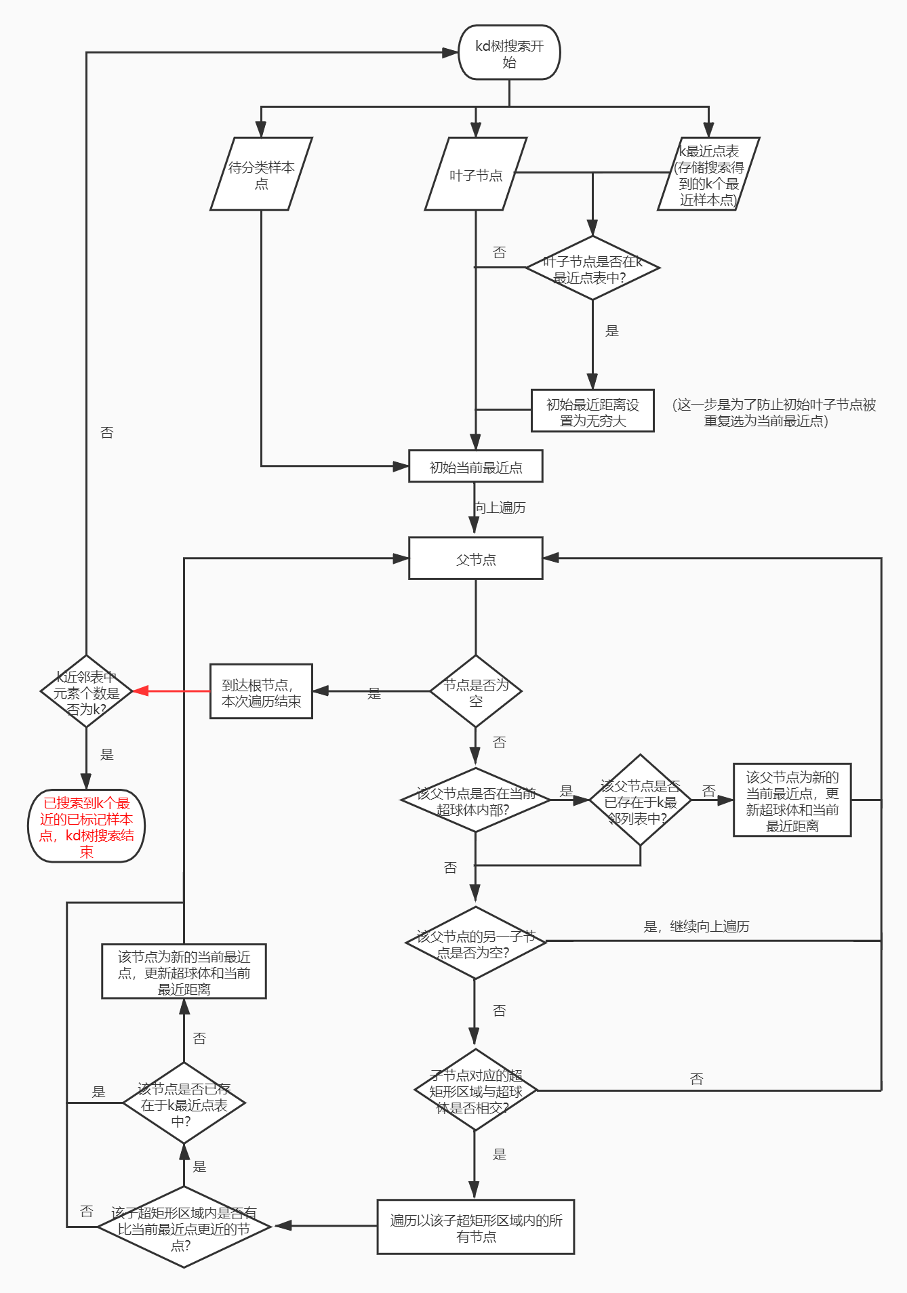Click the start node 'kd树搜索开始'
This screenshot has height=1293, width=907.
tap(509, 53)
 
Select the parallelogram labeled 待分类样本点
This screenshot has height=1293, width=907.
tap(261, 174)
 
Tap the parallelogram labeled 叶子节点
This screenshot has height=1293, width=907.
tap(475, 174)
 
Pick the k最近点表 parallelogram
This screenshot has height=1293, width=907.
tap(708, 174)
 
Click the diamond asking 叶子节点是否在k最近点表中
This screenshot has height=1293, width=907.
tap(592, 268)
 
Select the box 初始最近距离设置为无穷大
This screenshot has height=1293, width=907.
tap(592, 411)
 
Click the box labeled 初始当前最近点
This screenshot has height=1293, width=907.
tap(475, 466)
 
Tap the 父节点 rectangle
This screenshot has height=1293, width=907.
tap(475, 558)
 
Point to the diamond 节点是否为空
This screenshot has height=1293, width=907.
tap(475, 691)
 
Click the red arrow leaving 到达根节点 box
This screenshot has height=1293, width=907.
tap(173, 691)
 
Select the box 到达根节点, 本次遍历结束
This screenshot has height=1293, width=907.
tap(261, 691)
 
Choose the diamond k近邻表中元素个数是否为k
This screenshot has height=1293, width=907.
tap(86, 691)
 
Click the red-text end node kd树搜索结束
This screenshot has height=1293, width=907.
tap(86, 826)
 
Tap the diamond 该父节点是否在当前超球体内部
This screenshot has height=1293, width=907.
tap(475, 800)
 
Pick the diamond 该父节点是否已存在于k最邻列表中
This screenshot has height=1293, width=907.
tap(640, 800)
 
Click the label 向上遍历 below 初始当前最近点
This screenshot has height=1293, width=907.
tap(501, 508)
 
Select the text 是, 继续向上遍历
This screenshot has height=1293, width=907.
tap(696, 926)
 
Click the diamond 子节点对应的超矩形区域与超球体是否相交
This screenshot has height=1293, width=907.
tap(475, 1090)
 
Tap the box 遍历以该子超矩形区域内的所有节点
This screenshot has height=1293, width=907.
tap(475, 1227)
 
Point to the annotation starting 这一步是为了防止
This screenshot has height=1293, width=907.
tap(773, 412)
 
